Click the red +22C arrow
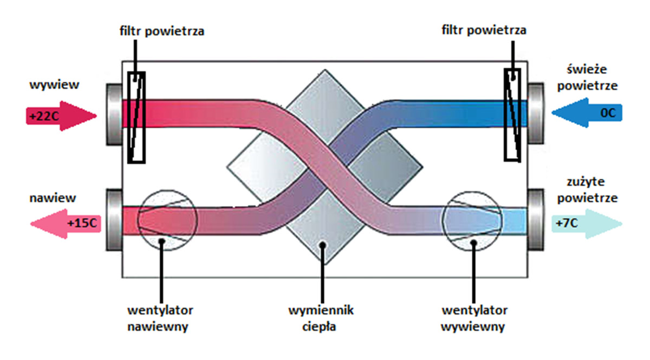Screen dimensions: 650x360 (x=61, y=116)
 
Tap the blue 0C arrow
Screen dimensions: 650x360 (x=587, y=113)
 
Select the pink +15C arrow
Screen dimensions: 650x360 (x=66, y=224)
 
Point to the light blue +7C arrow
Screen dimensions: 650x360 (x=587, y=224)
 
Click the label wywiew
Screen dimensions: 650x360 (x=54, y=84)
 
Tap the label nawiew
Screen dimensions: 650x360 (x=53, y=198)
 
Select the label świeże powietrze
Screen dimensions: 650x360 (x=587, y=78)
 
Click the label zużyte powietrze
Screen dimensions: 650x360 (x=587, y=190)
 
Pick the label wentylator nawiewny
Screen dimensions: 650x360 (x=160, y=318)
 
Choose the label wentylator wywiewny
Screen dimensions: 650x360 (x=474, y=318)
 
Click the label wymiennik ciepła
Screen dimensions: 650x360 (x=321, y=318)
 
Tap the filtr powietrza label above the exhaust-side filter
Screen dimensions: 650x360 (x=162, y=31)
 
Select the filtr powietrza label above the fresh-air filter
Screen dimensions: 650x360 (x=484, y=30)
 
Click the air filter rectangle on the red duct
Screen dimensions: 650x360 (x=136, y=117)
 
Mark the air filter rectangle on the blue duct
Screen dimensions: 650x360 (x=512, y=115)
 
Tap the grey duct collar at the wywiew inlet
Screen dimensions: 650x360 (x=114, y=114)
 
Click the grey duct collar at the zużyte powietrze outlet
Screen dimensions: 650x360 (x=536, y=220)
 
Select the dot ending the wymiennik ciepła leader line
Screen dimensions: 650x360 (x=322, y=245)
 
